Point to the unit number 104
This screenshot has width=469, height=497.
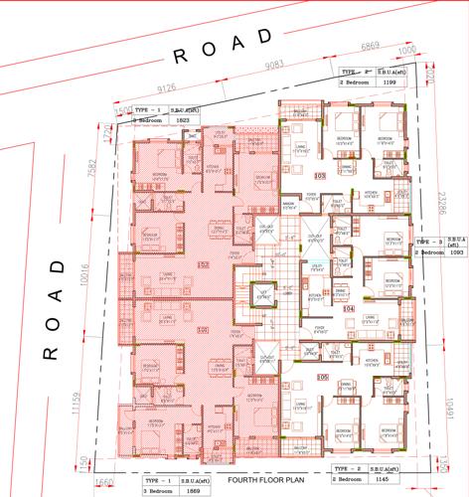click(349, 309)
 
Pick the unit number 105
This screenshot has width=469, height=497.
click(321, 377)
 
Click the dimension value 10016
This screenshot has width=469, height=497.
click(91, 295)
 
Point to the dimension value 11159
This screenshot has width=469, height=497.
click(91, 407)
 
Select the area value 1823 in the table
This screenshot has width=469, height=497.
click(182, 119)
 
